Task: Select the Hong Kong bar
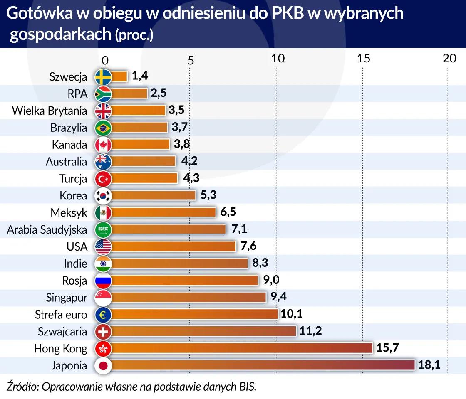click(x=241, y=348)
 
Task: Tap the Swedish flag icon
click(x=103, y=77)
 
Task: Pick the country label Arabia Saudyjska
click(x=47, y=229)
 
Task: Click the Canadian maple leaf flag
click(x=103, y=145)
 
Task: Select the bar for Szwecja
click(x=119, y=77)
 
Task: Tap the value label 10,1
click(x=291, y=314)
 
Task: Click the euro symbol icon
click(x=103, y=314)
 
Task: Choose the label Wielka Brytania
click(x=50, y=111)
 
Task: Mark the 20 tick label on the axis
click(x=449, y=59)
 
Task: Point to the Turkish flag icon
click(x=103, y=179)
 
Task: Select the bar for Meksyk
click(x=163, y=213)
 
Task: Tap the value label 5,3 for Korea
click(x=209, y=195)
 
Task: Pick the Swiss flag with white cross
click(x=103, y=331)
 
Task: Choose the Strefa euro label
click(x=61, y=315)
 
